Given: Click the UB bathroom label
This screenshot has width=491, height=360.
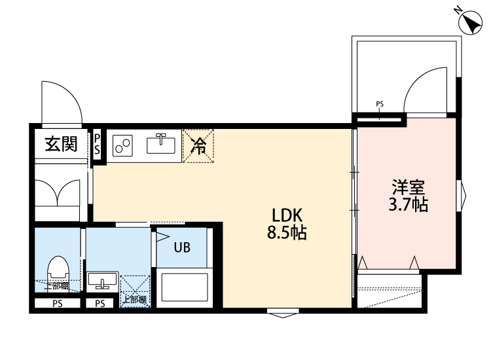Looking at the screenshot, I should coord(182,247).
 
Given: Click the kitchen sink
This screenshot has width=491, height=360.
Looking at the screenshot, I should coord(160,143).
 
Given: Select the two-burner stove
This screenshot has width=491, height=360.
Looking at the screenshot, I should coord(122,145).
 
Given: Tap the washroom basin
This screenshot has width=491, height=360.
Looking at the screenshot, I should coord(101,282).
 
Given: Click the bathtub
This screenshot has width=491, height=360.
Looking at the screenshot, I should coord(184,287).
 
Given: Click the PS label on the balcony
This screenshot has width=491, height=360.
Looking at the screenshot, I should coord(380,104).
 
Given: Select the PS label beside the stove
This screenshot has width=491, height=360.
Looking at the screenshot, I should coord(97,144).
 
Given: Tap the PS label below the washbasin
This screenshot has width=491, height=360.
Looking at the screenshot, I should coord(100,304).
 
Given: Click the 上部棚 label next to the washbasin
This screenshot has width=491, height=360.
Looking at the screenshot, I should coord(135,300).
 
